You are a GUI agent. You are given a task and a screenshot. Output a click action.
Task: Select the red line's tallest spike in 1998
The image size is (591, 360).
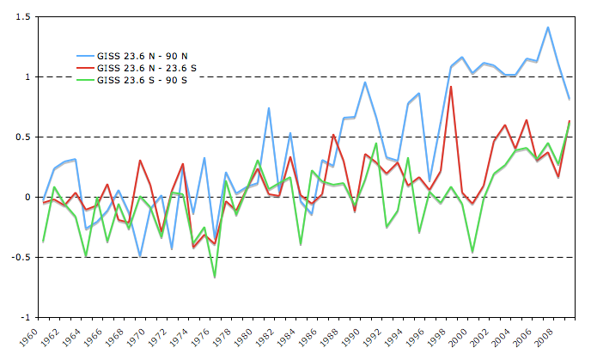click(451, 87)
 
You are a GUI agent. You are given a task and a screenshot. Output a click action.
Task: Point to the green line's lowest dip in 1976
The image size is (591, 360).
click(215, 277)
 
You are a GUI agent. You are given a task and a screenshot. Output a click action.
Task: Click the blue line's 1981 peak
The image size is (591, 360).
click(269, 108)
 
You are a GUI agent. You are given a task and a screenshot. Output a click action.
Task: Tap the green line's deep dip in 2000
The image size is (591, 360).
click(472, 252)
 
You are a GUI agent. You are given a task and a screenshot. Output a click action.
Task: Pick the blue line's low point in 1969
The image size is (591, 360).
click(140, 256)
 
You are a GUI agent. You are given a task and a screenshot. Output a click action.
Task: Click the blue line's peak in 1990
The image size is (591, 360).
click(365, 82)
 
